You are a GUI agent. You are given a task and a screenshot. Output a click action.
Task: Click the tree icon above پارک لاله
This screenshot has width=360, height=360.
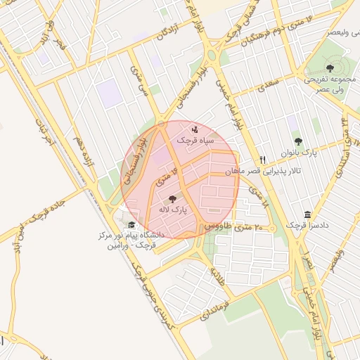[173, 199]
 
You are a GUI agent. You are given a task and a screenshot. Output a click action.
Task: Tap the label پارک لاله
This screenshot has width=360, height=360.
[173, 210]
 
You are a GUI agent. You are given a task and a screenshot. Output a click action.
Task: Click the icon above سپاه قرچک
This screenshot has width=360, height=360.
[194, 129]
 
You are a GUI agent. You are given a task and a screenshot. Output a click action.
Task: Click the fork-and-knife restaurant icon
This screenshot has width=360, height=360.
[263, 160]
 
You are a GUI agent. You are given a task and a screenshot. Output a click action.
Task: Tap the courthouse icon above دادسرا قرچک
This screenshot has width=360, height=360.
[307, 214]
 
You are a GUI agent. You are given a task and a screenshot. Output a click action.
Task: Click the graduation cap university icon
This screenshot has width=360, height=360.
[132, 225]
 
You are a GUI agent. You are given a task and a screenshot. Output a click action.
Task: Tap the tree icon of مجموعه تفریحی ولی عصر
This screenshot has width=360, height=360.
[330, 67]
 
